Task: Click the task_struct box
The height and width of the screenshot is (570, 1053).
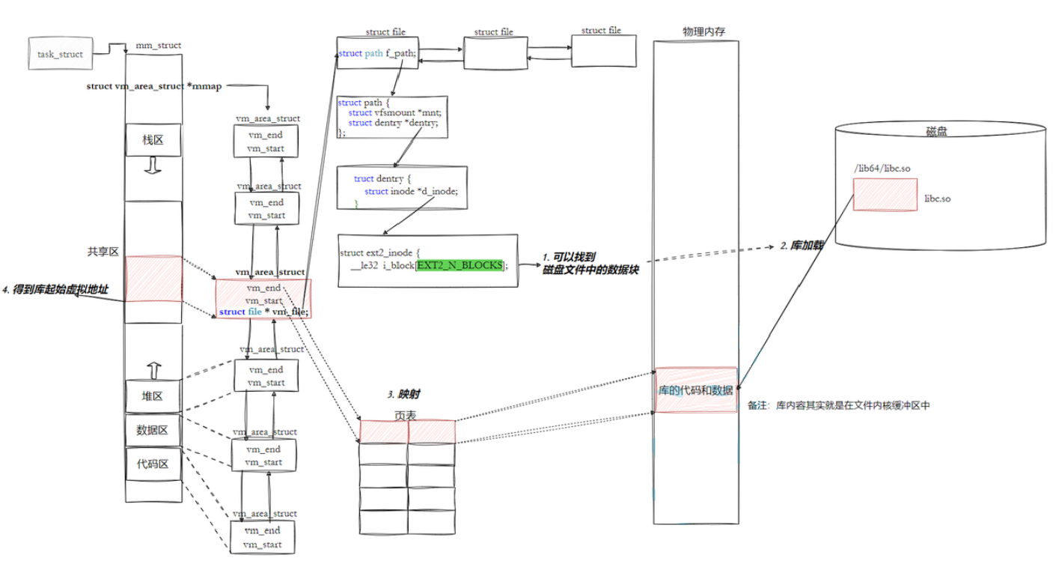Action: click(x=60, y=55)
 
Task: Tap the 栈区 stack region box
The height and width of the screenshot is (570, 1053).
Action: click(x=153, y=140)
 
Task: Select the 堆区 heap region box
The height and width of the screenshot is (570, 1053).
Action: click(x=153, y=396)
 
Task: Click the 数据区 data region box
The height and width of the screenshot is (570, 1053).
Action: click(x=153, y=430)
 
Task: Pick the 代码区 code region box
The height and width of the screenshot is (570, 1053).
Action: click(x=153, y=464)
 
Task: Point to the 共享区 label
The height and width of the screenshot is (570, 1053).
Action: click(x=103, y=252)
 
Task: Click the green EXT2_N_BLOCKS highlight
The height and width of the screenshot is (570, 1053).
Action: click(x=460, y=265)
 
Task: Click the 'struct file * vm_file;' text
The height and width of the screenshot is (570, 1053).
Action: click(x=263, y=312)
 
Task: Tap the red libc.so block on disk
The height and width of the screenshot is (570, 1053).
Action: click(x=885, y=194)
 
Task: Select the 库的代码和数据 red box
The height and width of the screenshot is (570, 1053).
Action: click(x=695, y=389)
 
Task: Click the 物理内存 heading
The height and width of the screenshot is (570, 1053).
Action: click(x=703, y=31)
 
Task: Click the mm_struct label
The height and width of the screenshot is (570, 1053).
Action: click(x=158, y=45)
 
